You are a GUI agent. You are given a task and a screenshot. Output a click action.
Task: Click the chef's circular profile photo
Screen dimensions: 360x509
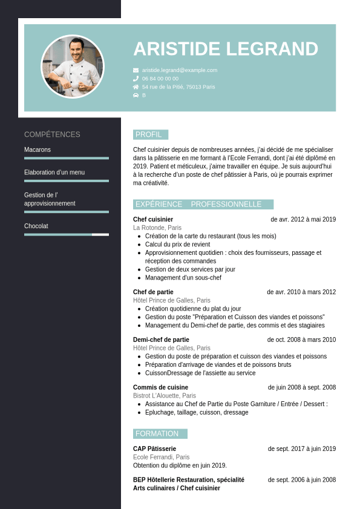[73, 67]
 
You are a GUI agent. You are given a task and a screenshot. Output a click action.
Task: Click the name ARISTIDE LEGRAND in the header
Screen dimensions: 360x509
[226, 49]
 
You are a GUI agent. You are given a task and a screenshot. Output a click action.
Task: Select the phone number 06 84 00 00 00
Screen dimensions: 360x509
[160, 79]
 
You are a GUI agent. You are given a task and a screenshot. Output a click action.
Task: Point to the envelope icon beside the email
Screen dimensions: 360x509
[136, 70]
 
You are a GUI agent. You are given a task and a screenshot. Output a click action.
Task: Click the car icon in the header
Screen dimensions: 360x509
[136, 95]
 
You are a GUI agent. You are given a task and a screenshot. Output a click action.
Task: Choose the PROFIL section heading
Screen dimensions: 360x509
[149, 134]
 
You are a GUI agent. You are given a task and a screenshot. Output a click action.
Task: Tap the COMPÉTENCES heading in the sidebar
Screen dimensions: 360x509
[52, 134]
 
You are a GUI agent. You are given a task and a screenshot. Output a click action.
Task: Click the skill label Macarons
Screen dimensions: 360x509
[38, 149]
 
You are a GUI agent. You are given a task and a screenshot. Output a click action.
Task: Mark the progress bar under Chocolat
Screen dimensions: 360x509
[67, 234]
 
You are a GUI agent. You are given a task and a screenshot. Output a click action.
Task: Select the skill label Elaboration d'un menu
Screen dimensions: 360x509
[54, 172]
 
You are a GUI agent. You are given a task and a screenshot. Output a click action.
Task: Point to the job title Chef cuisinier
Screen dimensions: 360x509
[153, 219]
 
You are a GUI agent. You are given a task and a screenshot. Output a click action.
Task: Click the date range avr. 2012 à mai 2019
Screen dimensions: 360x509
[303, 219]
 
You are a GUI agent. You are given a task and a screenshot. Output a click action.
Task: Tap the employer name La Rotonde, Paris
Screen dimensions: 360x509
[157, 228]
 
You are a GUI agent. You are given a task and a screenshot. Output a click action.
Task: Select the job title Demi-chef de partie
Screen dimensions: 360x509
[161, 340]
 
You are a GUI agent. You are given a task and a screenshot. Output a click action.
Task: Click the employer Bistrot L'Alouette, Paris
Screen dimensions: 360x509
[165, 396]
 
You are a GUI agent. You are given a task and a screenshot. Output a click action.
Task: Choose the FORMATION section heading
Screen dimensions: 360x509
[157, 434]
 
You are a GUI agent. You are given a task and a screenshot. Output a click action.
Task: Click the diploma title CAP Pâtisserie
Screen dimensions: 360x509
[154, 448]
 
